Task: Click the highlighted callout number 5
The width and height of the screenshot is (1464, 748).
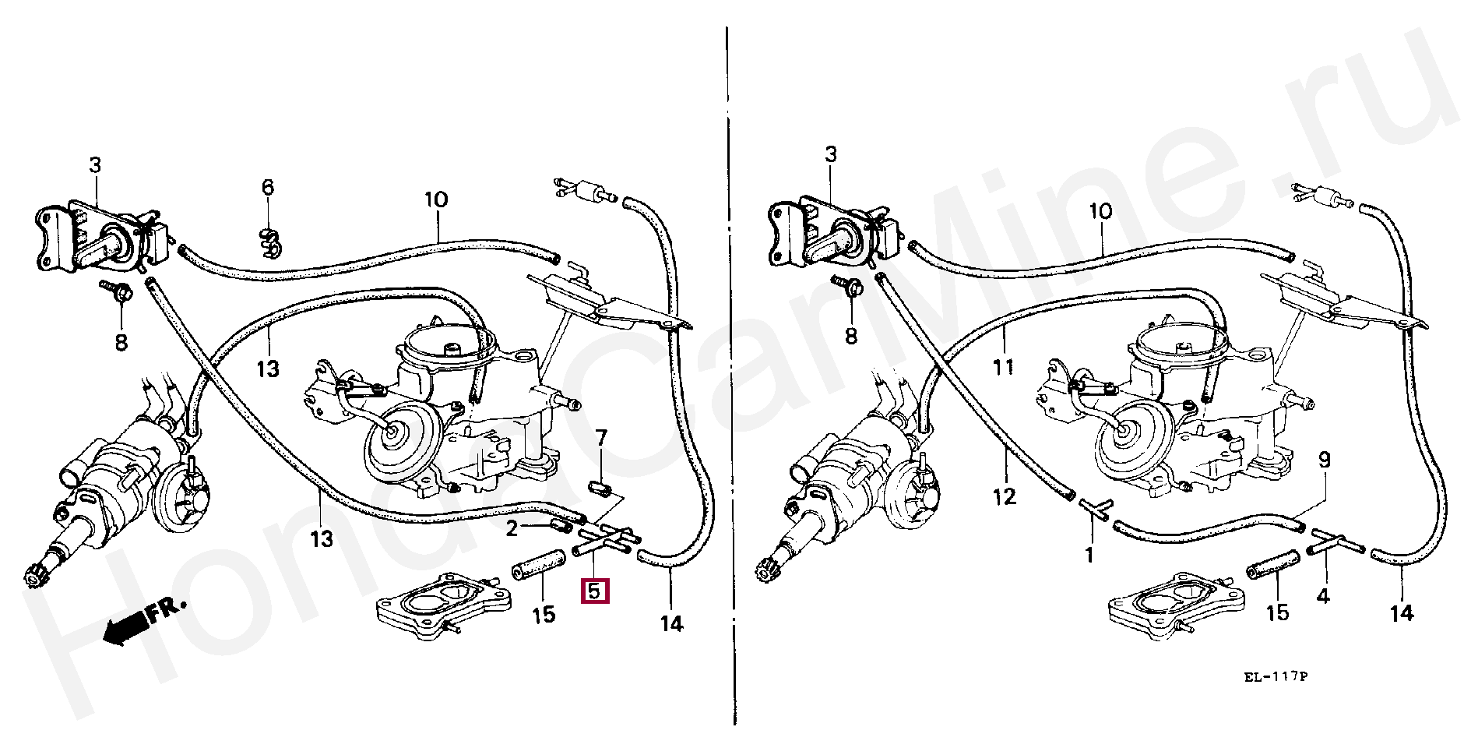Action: click(x=595, y=591)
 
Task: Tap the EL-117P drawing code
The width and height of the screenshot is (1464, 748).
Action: click(x=1275, y=677)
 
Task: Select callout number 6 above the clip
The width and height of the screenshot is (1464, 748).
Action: click(x=268, y=187)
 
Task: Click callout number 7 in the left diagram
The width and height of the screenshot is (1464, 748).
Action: click(x=601, y=438)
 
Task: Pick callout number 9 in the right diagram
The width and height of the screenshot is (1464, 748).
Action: click(x=1324, y=460)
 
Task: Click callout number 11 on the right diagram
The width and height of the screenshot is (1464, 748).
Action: click(x=1004, y=366)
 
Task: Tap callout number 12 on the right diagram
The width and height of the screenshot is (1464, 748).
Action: click(x=1005, y=496)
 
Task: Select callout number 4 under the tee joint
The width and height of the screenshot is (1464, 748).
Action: click(x=1323, y=597)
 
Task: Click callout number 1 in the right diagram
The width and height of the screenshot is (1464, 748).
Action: click(x=1089, y=556)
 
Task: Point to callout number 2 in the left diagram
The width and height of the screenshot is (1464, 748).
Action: click(x=512, y=529)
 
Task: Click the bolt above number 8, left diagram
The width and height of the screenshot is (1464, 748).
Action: click(x=116, y=292)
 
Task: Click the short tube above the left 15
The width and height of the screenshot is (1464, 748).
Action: click(x=538, y=564)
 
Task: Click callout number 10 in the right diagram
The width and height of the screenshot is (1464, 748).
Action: click(x=1100, y=211)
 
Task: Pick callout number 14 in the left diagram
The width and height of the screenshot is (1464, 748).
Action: click(x=671, y=623)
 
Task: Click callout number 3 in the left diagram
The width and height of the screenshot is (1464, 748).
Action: click(x=95, y=165)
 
